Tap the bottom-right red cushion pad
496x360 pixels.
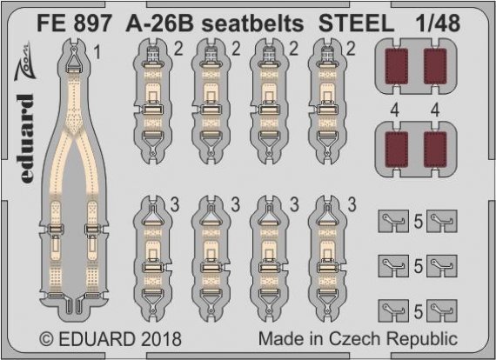435,149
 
